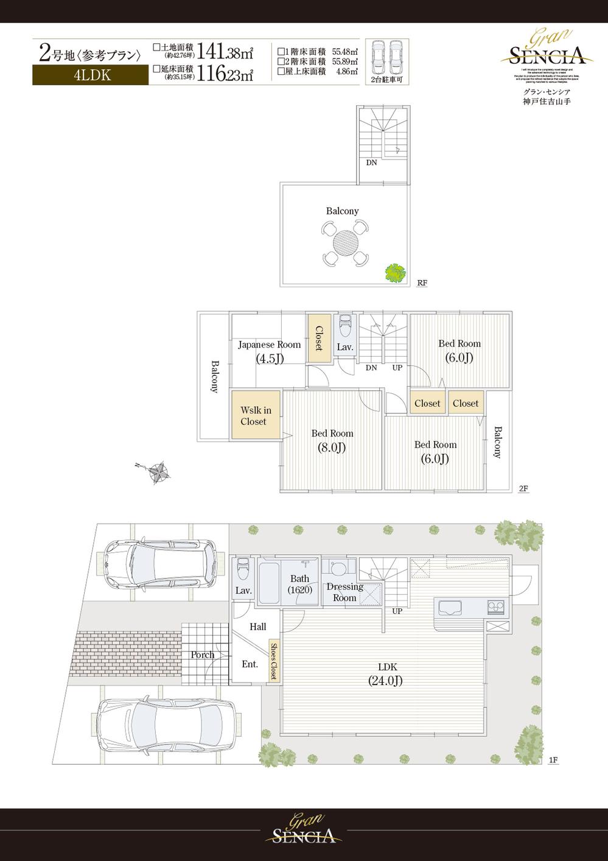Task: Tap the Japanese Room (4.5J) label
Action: click(x=269, y=351)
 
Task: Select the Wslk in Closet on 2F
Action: click(x=256, y=416)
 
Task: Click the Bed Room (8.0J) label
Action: click(x=332, y=441)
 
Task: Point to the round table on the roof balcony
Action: click(x=344, y=242)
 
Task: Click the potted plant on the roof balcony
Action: click(x=395, y=272)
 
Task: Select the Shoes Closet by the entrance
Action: click(x=274, y=661)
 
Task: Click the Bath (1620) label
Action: click(x=299, y=584)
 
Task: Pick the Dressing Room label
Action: click(x=344, y=592)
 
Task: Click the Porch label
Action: click(x=202, y=655)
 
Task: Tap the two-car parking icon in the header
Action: click(x=386, y=58)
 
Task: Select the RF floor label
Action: click(x=422, y=283)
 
